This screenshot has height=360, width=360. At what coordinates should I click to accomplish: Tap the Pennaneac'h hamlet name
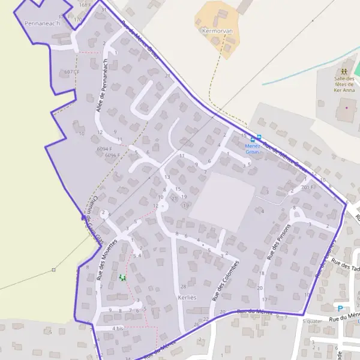[x=40, y=23]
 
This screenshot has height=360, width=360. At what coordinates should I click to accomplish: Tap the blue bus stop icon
[x=259, y=137]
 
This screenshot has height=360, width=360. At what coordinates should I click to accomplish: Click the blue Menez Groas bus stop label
[x=253, y=148]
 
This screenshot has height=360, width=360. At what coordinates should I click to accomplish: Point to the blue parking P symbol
[x=340, y=308]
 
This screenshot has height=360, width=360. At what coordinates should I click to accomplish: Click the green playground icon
[x=123, y=277]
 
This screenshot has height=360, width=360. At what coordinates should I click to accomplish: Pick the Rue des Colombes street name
[x=225, y=280]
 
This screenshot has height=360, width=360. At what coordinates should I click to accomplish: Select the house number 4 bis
[x=117, y=329]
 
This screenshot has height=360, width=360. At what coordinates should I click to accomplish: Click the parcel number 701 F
[x=307, y=187]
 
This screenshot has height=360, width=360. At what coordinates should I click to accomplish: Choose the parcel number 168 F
[x=84, y=5]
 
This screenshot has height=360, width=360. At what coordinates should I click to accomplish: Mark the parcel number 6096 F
[x=113, y=155]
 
